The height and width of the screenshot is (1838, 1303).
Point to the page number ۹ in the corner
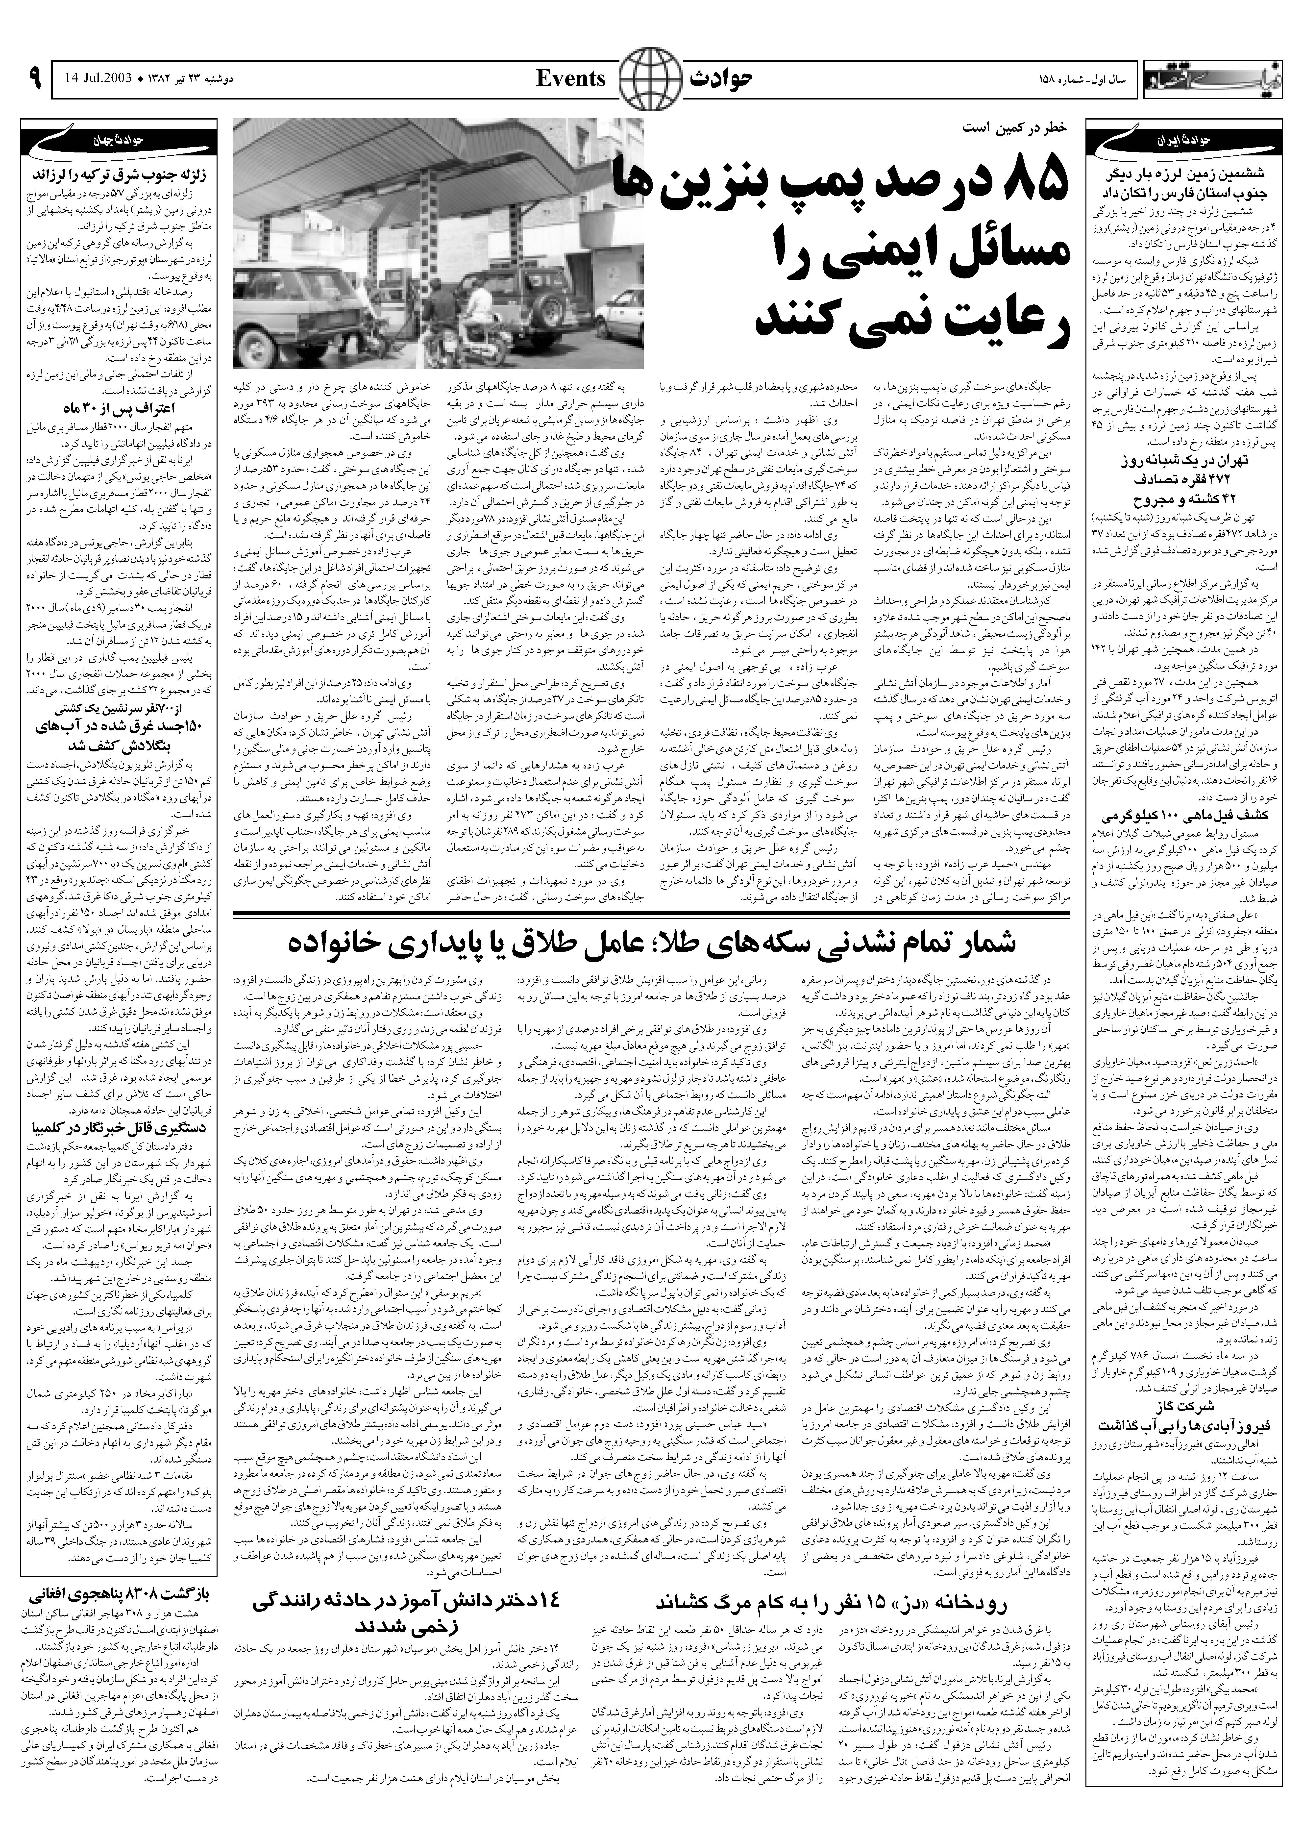click(34, 79)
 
